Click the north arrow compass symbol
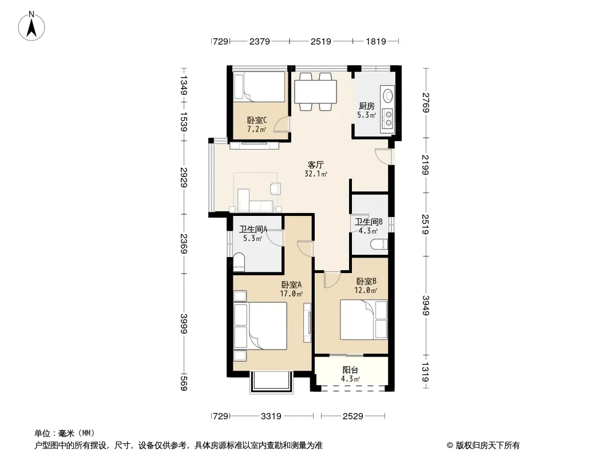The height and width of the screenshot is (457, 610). [x=31, y=26]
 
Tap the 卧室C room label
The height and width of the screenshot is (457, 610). [x=257, y=121]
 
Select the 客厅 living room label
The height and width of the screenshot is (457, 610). [x=315, y=165]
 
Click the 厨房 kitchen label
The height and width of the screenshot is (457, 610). [x=366, y=106]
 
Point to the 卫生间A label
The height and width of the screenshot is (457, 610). [x=253, y=230]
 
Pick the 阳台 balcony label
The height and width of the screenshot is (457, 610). [x=350, y=370]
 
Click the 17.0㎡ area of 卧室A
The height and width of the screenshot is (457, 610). [x=291, y=294]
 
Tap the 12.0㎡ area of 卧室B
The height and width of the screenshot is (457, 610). [x=366, y=290]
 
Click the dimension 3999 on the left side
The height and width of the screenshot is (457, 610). [x=184, y=323]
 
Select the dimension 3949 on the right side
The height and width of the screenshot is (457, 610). [x=426, y=306]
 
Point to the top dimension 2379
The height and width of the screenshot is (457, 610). [x=259, y=41]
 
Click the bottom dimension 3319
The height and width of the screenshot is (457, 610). [x=271, y=416]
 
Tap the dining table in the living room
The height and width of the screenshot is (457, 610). [x=315, y=91]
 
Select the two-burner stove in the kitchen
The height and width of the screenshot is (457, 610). [x=388, y=118]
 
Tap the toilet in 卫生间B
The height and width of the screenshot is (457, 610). [x=379, y=244]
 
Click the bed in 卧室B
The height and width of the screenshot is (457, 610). [x=364, y=319]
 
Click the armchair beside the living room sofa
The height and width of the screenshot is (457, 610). [x=275, y=189]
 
